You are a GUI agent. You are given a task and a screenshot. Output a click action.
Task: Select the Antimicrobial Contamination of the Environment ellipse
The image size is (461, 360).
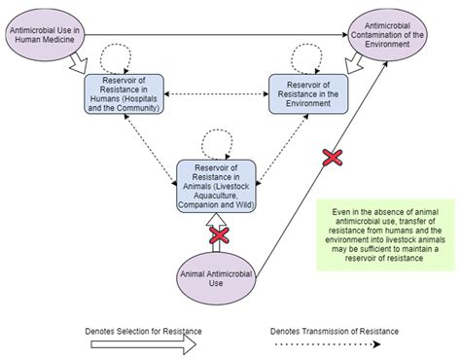pyautogui.click(x=393, y=34)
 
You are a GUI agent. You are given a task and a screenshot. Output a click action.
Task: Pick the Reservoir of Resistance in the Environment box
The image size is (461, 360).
pyautogui.click(x=308, y=94)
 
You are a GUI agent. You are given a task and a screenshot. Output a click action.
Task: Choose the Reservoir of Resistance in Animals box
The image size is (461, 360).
pyautogui.click(x=215, y=186)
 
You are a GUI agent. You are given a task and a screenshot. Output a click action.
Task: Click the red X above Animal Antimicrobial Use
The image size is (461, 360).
pyautogui.click(x=219, y=234)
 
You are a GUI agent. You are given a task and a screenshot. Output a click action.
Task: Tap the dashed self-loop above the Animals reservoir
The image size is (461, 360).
pyautogui.click(x=216, y=143)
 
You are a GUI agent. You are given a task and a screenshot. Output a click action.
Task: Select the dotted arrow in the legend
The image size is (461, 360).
pyautogui.click(x=337, y=342)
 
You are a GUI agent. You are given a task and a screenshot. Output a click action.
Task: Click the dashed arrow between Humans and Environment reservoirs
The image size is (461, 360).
pyautogui.click(x=215, y=94)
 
